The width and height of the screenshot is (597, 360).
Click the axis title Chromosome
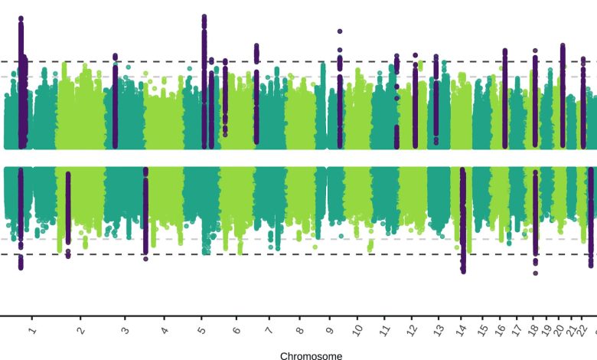[311, 355]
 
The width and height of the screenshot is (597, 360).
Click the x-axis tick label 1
[32, 330]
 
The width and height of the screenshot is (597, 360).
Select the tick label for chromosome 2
[80, 330]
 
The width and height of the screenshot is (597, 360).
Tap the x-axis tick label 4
[165, 330]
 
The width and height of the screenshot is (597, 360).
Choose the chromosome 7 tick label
[268, 330]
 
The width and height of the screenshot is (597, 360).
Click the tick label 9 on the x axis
[330, 330]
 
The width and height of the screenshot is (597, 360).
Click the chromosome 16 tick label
[501, 330]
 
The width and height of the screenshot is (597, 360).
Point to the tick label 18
[533, 330]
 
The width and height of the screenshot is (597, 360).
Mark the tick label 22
[582, 330]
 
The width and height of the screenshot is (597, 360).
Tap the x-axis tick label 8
[299, 330]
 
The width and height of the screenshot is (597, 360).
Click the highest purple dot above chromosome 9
[340, 31]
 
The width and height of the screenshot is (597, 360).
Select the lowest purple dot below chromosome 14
[463, 270]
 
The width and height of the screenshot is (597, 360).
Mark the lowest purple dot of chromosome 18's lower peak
[536, 272]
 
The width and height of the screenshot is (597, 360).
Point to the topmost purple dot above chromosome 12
[416, 55]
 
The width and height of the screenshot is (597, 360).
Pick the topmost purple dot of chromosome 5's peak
[204, 17]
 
